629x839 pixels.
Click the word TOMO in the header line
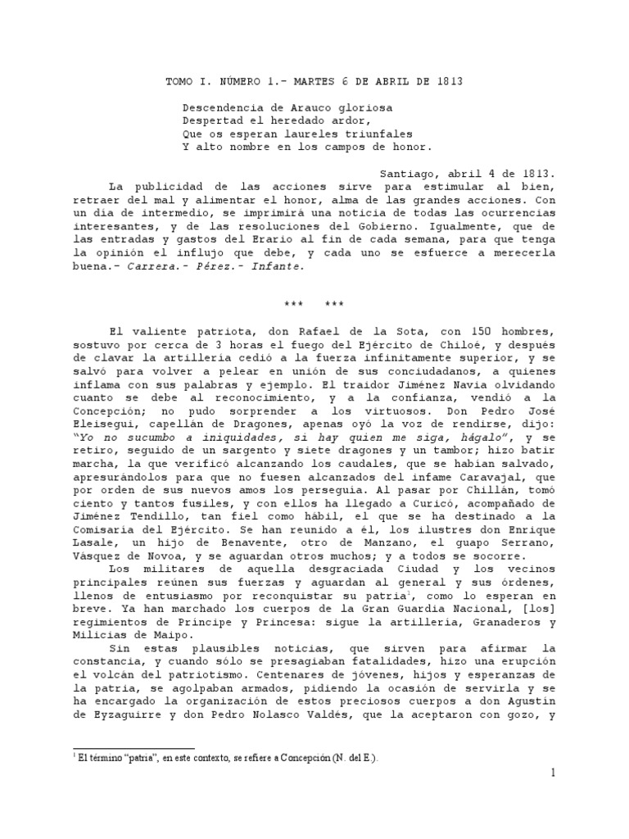179,82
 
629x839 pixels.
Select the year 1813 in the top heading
447,82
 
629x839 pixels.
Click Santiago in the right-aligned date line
409,174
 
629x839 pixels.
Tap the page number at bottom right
553,773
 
